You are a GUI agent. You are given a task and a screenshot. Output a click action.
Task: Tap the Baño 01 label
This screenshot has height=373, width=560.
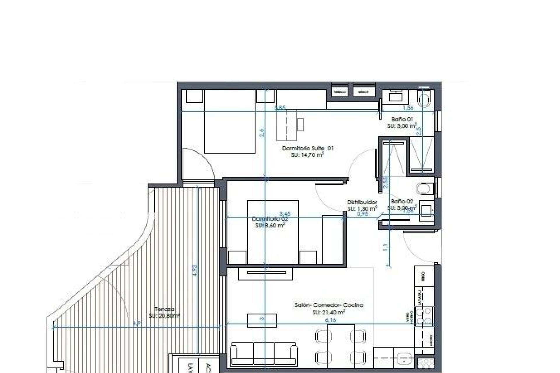coord(402,119)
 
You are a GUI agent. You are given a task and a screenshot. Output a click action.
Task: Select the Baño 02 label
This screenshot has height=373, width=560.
coord(402,201)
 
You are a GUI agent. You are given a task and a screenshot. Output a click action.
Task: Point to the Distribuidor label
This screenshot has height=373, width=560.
coord(362,202)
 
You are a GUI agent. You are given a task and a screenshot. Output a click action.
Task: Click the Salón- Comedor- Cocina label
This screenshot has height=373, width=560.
coord(329,305)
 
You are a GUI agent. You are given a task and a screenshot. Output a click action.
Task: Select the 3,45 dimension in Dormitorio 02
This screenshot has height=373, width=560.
coord(285,214)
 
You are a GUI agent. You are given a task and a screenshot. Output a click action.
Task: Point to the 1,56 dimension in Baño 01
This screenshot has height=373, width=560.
coord(408,108)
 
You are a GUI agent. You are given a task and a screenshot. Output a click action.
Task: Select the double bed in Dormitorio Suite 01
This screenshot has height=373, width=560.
coord(230,122)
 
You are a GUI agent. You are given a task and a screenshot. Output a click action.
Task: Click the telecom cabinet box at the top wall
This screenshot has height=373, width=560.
coord(340,92)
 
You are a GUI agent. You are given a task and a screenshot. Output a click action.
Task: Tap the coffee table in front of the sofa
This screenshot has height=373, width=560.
coord(262,321)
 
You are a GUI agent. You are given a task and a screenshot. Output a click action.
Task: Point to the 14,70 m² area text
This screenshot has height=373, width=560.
coord(307,155)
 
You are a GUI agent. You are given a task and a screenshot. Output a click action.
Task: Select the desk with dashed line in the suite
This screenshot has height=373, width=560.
coord(287,125)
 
